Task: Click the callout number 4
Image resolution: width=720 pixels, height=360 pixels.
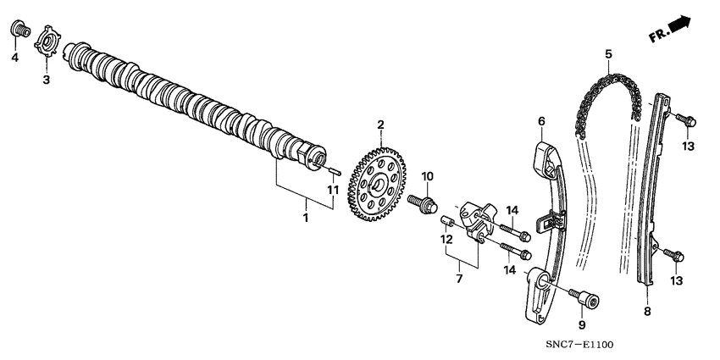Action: click(14, 58)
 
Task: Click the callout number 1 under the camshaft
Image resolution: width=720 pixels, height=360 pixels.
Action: click(306, 218)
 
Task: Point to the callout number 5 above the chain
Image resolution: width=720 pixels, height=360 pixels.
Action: click(608, 56)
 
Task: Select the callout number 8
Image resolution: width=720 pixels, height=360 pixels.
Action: click(647, 312)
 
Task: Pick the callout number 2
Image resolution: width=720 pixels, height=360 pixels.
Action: click(380, 125)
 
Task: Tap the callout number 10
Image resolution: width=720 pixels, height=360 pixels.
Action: click(428, 176)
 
